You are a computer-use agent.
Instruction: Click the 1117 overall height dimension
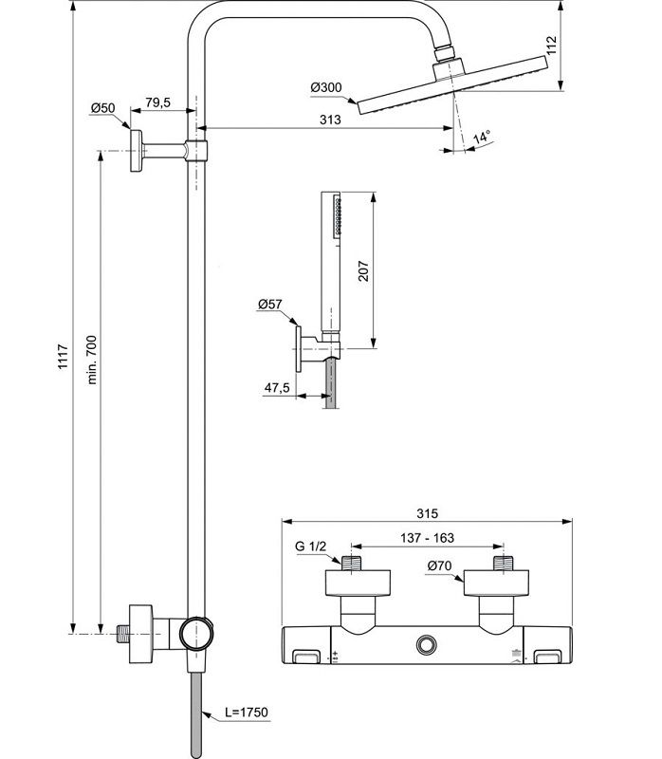[64, 356]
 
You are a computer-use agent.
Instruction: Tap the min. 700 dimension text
[92, 359]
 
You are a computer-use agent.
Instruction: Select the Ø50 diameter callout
[102, 109]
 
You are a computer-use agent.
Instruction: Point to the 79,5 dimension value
[157, 102]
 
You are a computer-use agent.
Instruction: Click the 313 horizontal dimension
[329, 120]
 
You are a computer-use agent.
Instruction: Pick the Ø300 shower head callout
[325, 87]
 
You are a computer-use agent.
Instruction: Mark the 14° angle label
[482, 138]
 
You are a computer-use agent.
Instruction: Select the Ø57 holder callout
[269, 305]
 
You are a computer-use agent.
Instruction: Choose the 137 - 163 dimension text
[428, 538]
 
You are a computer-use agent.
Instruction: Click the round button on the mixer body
[426, 645]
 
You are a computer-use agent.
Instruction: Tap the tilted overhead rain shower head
[452, 86]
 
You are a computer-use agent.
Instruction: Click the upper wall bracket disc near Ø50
[138, 152]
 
